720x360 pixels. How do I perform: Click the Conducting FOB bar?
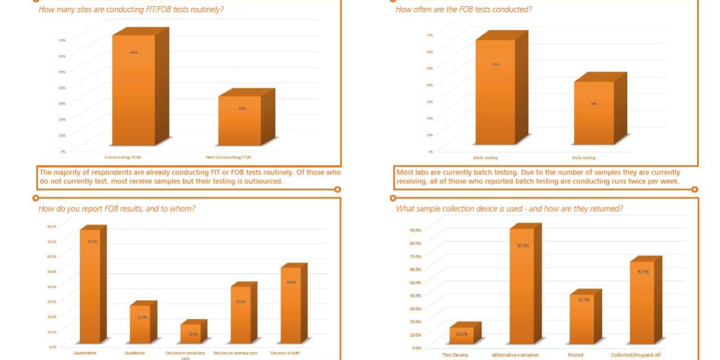click(134, 89)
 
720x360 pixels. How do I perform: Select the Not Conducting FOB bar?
click(239, 120)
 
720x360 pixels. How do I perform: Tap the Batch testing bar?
click(495, 92)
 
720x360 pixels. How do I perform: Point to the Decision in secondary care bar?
click(190, 334)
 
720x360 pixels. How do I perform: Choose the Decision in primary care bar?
click(240, 315)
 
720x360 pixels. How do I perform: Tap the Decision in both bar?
click(291, 305)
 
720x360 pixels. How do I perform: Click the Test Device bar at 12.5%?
click(462, 335)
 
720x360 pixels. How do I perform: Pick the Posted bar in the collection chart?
click(581, 319)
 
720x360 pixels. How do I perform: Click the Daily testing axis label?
click(583, 158)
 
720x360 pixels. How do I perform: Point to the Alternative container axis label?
click(515, 355)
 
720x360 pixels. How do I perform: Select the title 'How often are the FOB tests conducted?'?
click(463, 10)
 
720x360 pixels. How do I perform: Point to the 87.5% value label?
click(523, 245)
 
